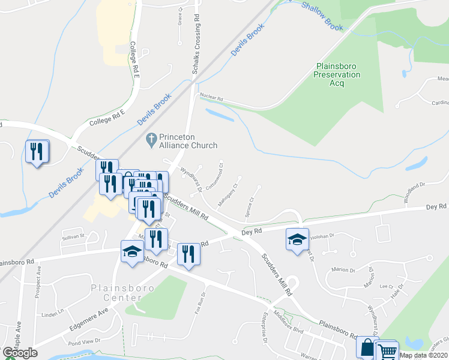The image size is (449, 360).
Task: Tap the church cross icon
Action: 150,140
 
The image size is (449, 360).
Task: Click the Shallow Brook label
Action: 322,16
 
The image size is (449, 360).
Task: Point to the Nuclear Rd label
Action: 211,97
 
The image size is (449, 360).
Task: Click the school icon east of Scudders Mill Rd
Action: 297,240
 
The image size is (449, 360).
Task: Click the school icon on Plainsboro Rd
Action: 131,251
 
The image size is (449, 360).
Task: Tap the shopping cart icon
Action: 387,352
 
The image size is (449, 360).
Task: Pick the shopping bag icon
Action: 366,347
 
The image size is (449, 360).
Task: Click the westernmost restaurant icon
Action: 37,151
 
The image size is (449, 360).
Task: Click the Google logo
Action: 20,353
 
